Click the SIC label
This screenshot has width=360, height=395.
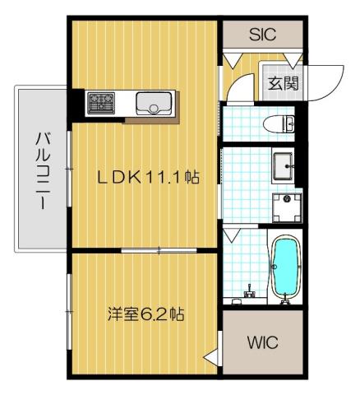click(x=262, y=35)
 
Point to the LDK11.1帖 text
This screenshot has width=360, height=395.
click(x=151, y=176)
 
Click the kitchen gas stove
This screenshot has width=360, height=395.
click(x=104, y=102)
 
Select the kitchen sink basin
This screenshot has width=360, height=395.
click(x=154, y=104)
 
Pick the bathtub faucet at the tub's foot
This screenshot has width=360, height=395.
click(x=286, y=301)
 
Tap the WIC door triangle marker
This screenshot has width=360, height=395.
click(x=212, y=355)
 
